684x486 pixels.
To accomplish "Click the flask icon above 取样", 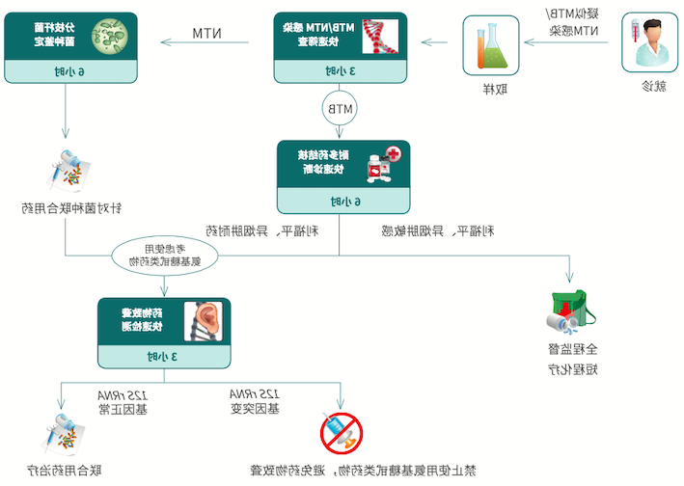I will (x=490, y=44).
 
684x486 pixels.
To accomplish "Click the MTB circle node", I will (x=339, y=109).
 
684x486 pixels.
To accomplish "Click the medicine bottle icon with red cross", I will (x=383, y=164).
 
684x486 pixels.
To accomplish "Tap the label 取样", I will (x=492, y=89).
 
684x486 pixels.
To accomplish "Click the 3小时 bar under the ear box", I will (x=164, y=356).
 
